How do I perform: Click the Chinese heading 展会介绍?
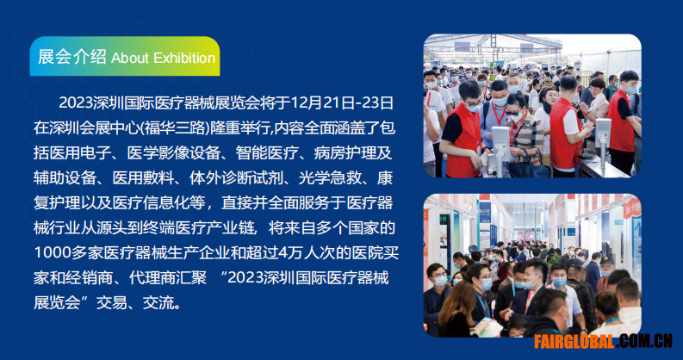point(72,57)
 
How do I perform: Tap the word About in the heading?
point(130,58)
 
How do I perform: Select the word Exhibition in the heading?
point(184,58)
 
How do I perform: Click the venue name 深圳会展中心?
point(93,128)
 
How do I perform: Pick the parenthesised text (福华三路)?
point(174,128)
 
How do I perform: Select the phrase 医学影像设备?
point(174,152)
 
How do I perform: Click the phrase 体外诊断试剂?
point(237,177)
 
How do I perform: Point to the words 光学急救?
point(330,177)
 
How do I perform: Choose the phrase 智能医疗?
point(268,152)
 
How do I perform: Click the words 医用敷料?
point(143,177)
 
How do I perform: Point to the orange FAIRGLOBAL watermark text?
point(574,342)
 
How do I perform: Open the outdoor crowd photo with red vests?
point(532,106)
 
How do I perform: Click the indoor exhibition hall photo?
point(532,265)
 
